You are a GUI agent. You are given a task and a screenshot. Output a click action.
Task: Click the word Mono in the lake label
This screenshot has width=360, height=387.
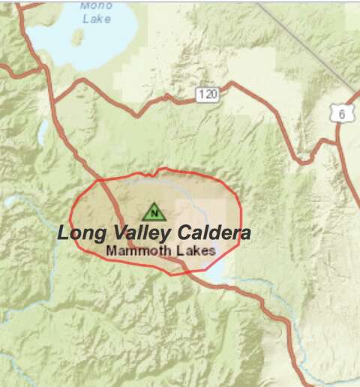click(97, 6)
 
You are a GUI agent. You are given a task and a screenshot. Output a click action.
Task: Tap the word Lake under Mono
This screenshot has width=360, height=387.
click(97, 18)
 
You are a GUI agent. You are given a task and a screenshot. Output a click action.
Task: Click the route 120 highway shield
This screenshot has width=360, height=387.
click(208, 94)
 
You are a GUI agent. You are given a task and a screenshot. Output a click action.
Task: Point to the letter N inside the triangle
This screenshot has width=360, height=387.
click(153, 213)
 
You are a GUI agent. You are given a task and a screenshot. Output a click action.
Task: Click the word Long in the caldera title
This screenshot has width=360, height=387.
click(81, 233)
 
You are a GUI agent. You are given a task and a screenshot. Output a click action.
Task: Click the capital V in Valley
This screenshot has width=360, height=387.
click(115, 232)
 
